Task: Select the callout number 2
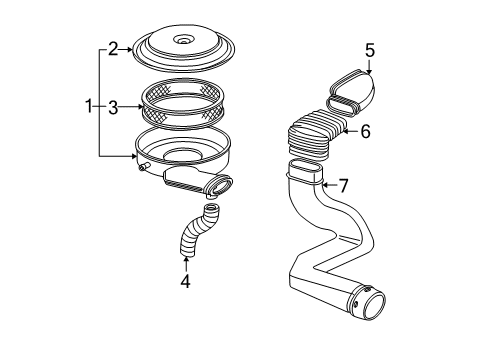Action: coord(113,47)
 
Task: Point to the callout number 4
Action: coord(185,281)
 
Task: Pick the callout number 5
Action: coord(369,49)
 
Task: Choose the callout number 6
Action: coord(366,131)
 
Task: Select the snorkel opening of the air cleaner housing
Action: coord(221,185)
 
